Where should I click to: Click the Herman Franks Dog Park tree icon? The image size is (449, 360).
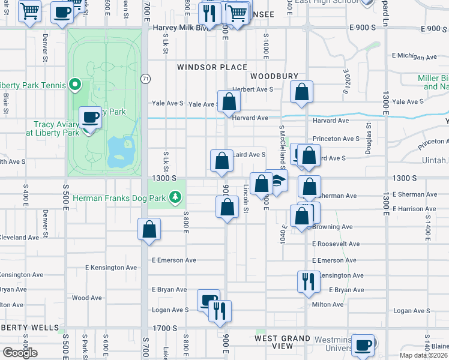[175, 197]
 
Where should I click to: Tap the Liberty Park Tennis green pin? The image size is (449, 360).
[75, 85]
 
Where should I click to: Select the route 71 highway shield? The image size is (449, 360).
[145, 79]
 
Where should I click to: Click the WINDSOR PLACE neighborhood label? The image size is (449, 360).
[212, 67]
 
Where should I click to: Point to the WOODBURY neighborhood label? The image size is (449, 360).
[274, 76]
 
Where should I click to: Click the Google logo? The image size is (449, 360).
[20, 353]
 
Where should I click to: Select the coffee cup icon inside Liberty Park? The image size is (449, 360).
[91, 116]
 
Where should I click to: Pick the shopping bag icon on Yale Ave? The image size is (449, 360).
[229, 101]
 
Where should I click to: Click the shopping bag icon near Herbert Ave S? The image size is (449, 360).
[303, 92]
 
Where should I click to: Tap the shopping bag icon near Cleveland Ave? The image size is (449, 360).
[149, 229]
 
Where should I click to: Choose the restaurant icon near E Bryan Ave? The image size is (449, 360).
[308, 280]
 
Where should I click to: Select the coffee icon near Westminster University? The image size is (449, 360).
[363, 345]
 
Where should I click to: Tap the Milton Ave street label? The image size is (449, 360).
[328, 304]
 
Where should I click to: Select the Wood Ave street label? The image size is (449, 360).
[86, 298]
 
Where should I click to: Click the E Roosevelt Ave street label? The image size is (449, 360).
[336, 244]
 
